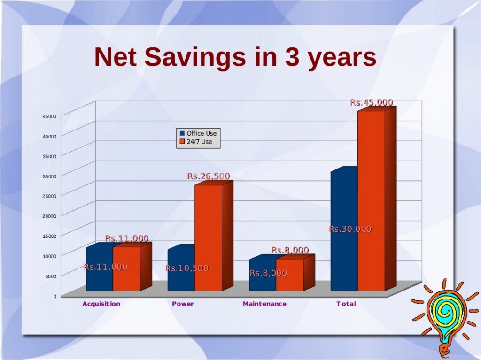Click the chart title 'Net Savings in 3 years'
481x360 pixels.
point(235,57)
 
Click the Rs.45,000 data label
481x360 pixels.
point(372,102)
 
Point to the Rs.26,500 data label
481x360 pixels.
point(209,176)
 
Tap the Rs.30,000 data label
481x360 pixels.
point(350,229)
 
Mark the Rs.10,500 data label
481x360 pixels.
point(187,268)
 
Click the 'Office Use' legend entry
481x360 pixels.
point(198,133)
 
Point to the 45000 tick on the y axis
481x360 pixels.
point(50,116)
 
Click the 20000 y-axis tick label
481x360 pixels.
point(50,216)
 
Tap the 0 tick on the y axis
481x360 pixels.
point(55,296)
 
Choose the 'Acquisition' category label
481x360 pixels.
point(101,304)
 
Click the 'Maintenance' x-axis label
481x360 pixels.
point(264,304)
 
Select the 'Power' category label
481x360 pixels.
point(183,304)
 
